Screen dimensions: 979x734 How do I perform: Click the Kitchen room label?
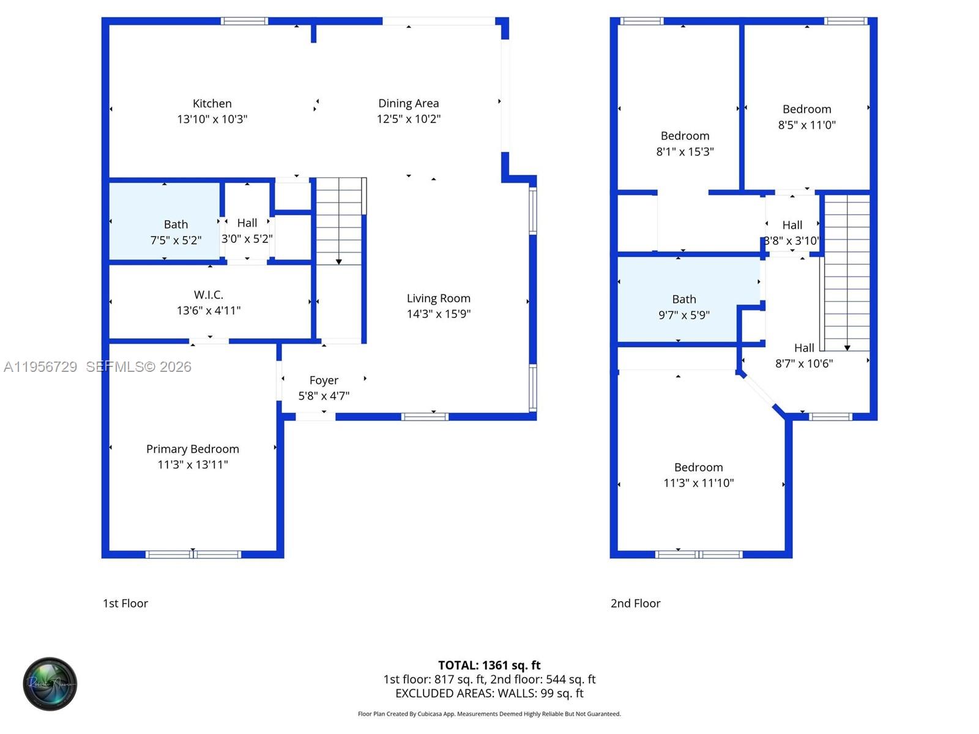point(212,103)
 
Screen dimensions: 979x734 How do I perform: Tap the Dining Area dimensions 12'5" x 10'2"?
point(408,119)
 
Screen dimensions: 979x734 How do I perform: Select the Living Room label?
point(438,298)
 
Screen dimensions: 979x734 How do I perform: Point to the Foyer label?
point(324,380)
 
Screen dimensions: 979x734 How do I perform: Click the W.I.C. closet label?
point(208,295)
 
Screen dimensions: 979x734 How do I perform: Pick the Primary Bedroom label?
point(192,449)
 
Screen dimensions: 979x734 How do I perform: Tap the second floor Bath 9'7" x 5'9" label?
point(683,307)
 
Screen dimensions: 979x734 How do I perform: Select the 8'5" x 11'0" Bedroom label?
point(806,117)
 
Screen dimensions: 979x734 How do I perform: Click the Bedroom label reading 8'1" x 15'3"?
point(685,144)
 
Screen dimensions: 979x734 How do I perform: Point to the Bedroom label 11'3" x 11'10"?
point(698,475)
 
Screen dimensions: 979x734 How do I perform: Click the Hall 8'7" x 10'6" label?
point(803,355)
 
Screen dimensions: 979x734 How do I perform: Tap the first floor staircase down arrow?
point(338,262)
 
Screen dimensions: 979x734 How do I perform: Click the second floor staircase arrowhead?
point(847,347)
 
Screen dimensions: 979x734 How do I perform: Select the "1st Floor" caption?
point(125,604)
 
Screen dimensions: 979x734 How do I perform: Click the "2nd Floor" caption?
point(635,604)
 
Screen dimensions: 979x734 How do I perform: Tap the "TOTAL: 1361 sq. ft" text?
point(489,665)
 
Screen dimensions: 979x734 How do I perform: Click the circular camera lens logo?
point(50,684)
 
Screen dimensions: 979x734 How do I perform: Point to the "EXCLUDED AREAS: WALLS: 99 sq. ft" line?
point(489,694)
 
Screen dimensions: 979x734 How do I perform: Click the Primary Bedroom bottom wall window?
point(193,554)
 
